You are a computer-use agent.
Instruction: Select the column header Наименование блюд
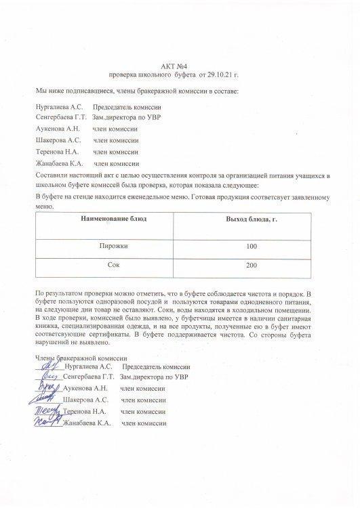[x=113, y=220]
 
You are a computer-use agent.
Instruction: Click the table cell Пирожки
[x=113, y=247]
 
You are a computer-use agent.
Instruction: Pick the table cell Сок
[x=113, y=265]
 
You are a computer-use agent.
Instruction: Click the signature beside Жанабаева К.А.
[x=48, y=423]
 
